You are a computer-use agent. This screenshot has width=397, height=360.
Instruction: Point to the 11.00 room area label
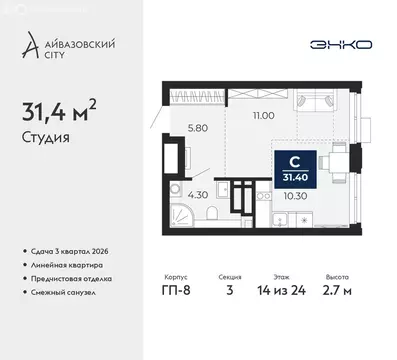(x=237, y=118)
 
